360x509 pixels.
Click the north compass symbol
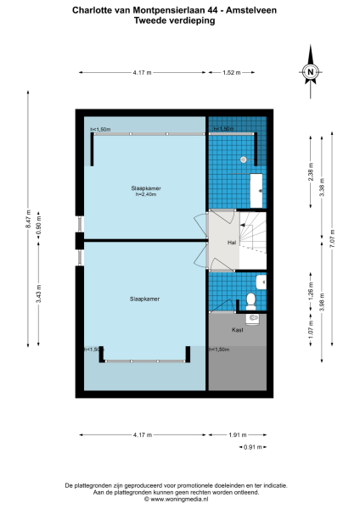point(311,73)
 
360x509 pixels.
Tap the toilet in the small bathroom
point(251,299)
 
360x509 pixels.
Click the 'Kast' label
point(238,329)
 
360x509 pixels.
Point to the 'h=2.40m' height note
point(147,194)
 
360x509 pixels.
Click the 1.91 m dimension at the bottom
point(239,434)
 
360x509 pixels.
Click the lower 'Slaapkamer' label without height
point(146,299)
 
